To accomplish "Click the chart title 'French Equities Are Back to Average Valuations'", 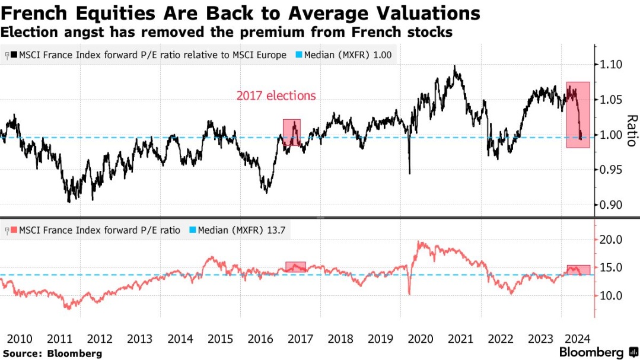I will tap(241, 12).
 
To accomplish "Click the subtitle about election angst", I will tap(227, 32).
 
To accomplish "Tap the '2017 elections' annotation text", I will tap(276, 95).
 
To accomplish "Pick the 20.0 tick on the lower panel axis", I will tap(610, 240).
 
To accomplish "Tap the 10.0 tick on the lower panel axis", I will tap(610, 295).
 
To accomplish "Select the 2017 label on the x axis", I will tap(300, 339).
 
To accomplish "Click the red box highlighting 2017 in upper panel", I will tap(292, 132).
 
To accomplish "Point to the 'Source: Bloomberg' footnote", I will tap(52, 353).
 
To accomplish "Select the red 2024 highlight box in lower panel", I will tap(578, 270).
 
